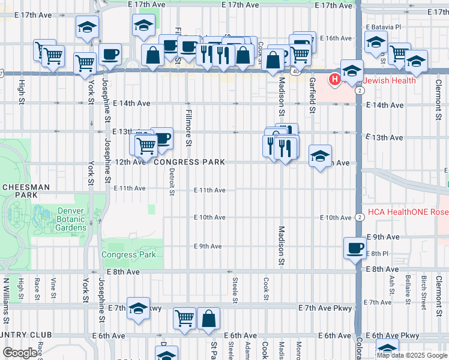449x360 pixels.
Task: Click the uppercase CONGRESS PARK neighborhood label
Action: click(189, 162)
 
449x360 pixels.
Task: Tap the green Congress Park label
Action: click(128, 254)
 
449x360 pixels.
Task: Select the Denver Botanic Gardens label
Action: click(80, 219)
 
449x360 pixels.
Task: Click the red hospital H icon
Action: click(334, 79)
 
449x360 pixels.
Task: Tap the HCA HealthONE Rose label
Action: click(408, 211)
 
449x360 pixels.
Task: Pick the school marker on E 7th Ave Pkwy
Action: click(138, 308)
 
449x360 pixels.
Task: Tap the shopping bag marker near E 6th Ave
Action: click(208, 319)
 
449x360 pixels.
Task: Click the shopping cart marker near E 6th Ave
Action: click(184, 319)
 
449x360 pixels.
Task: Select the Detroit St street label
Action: click(172, 181)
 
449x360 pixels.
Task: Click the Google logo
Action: click(20, 353)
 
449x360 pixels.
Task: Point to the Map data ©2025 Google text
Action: click(412, 355)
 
